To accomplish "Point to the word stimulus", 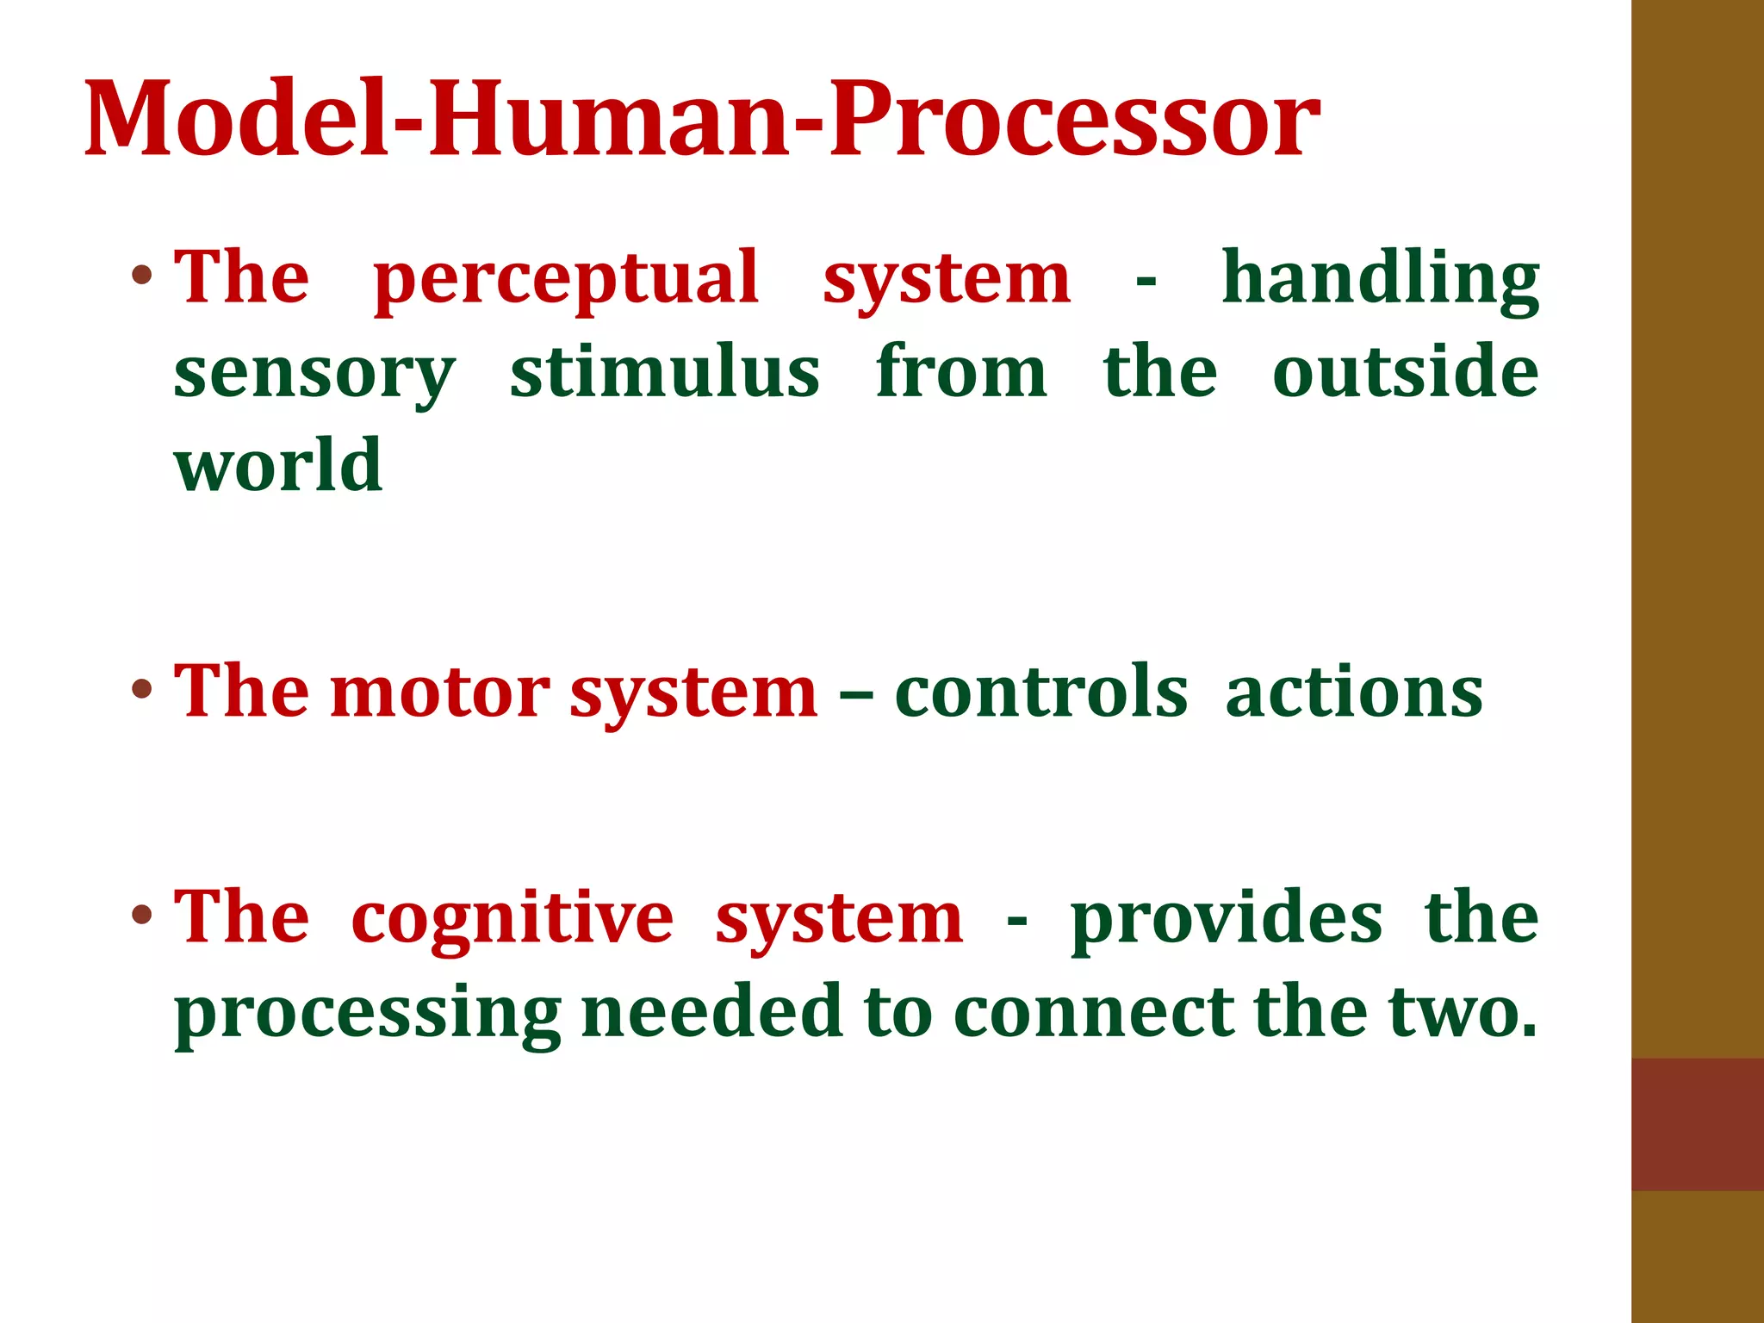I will (664, 372).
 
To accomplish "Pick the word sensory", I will (314, 374).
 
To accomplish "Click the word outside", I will (1405, 372).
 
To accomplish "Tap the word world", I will (278, 465).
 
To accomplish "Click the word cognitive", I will (512, 920).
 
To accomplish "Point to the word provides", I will (1227, 920).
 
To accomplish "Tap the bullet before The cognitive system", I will (143, 915).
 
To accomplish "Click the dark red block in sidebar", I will (1697, 1124).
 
